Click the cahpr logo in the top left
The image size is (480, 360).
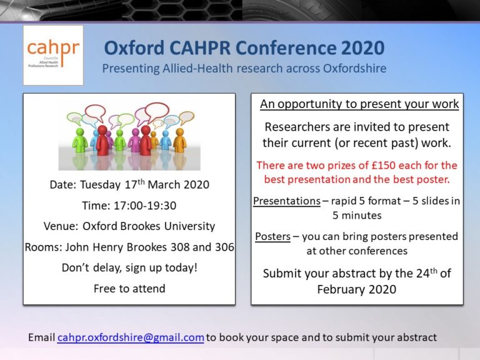coord(52,55)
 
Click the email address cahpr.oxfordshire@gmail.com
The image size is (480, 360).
coord(131,337)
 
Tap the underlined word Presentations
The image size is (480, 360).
coord(286,201)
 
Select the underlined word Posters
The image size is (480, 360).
coord(272,237)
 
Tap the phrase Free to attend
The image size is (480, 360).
coord(129,288)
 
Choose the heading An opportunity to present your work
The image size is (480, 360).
coord(359,104)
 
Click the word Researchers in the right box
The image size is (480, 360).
coord(296,127)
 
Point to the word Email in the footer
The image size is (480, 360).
coord(41,337)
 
